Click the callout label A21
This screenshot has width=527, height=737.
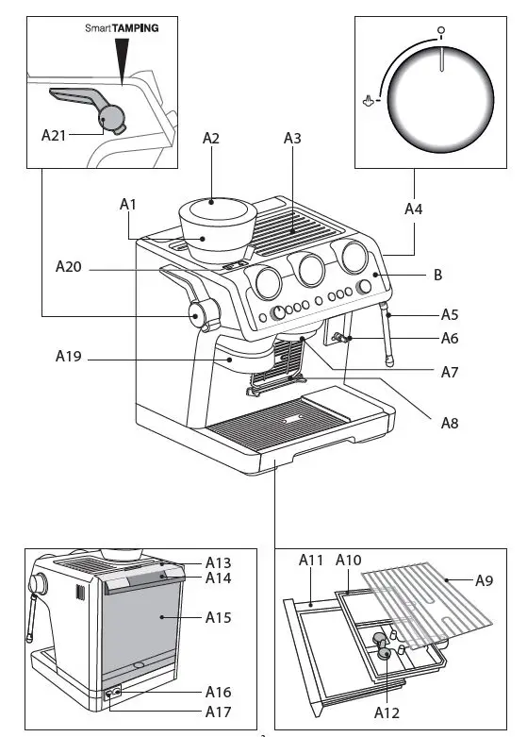pos(54,134)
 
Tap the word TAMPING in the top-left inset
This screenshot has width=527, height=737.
pos(136,29)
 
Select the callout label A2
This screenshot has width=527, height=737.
pos(211,138)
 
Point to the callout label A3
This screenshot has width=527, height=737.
pos(292,138)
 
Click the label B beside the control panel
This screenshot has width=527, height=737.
pos(437,276)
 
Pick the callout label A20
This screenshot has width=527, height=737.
pos(69,268)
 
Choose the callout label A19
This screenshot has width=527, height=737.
pos(69,357)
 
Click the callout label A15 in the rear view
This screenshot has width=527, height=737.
pos(219,618)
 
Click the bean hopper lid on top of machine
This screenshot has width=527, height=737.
pos(213,201)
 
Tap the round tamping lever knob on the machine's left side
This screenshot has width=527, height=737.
pos(200,314)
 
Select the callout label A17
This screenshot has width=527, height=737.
pos(218,712)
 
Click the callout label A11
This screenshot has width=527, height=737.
pos(311,560)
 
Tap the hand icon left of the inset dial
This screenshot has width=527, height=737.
pos(371,98)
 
